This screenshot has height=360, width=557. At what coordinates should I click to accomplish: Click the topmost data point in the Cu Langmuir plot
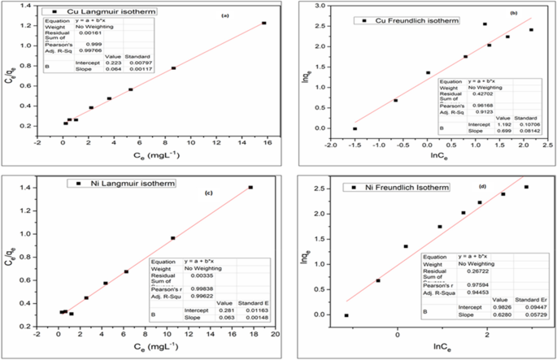click(263, 23)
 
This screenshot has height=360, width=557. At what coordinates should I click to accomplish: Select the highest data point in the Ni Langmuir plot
click(250, 188)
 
